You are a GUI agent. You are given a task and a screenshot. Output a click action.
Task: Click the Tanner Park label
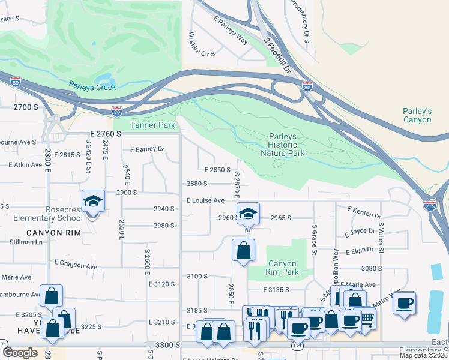pos(153,125)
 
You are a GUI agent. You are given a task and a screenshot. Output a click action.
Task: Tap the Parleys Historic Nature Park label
pos(283,145)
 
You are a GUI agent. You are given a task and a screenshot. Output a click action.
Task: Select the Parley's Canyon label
pos(417,115)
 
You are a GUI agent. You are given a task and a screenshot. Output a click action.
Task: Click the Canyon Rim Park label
pos(283,268)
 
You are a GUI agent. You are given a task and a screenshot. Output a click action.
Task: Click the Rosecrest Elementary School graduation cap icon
pos(94,201)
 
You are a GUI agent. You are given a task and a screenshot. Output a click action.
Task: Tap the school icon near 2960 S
pos(247,212)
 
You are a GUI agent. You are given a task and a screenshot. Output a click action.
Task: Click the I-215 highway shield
pos(430,205)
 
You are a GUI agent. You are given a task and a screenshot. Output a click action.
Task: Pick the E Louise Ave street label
pos(205,200)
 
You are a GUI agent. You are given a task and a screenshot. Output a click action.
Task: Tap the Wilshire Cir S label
pos(202,45)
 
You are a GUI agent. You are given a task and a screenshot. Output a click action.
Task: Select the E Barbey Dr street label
pos(147,149)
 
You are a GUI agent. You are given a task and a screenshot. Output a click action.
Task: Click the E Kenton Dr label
pos(364,211)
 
